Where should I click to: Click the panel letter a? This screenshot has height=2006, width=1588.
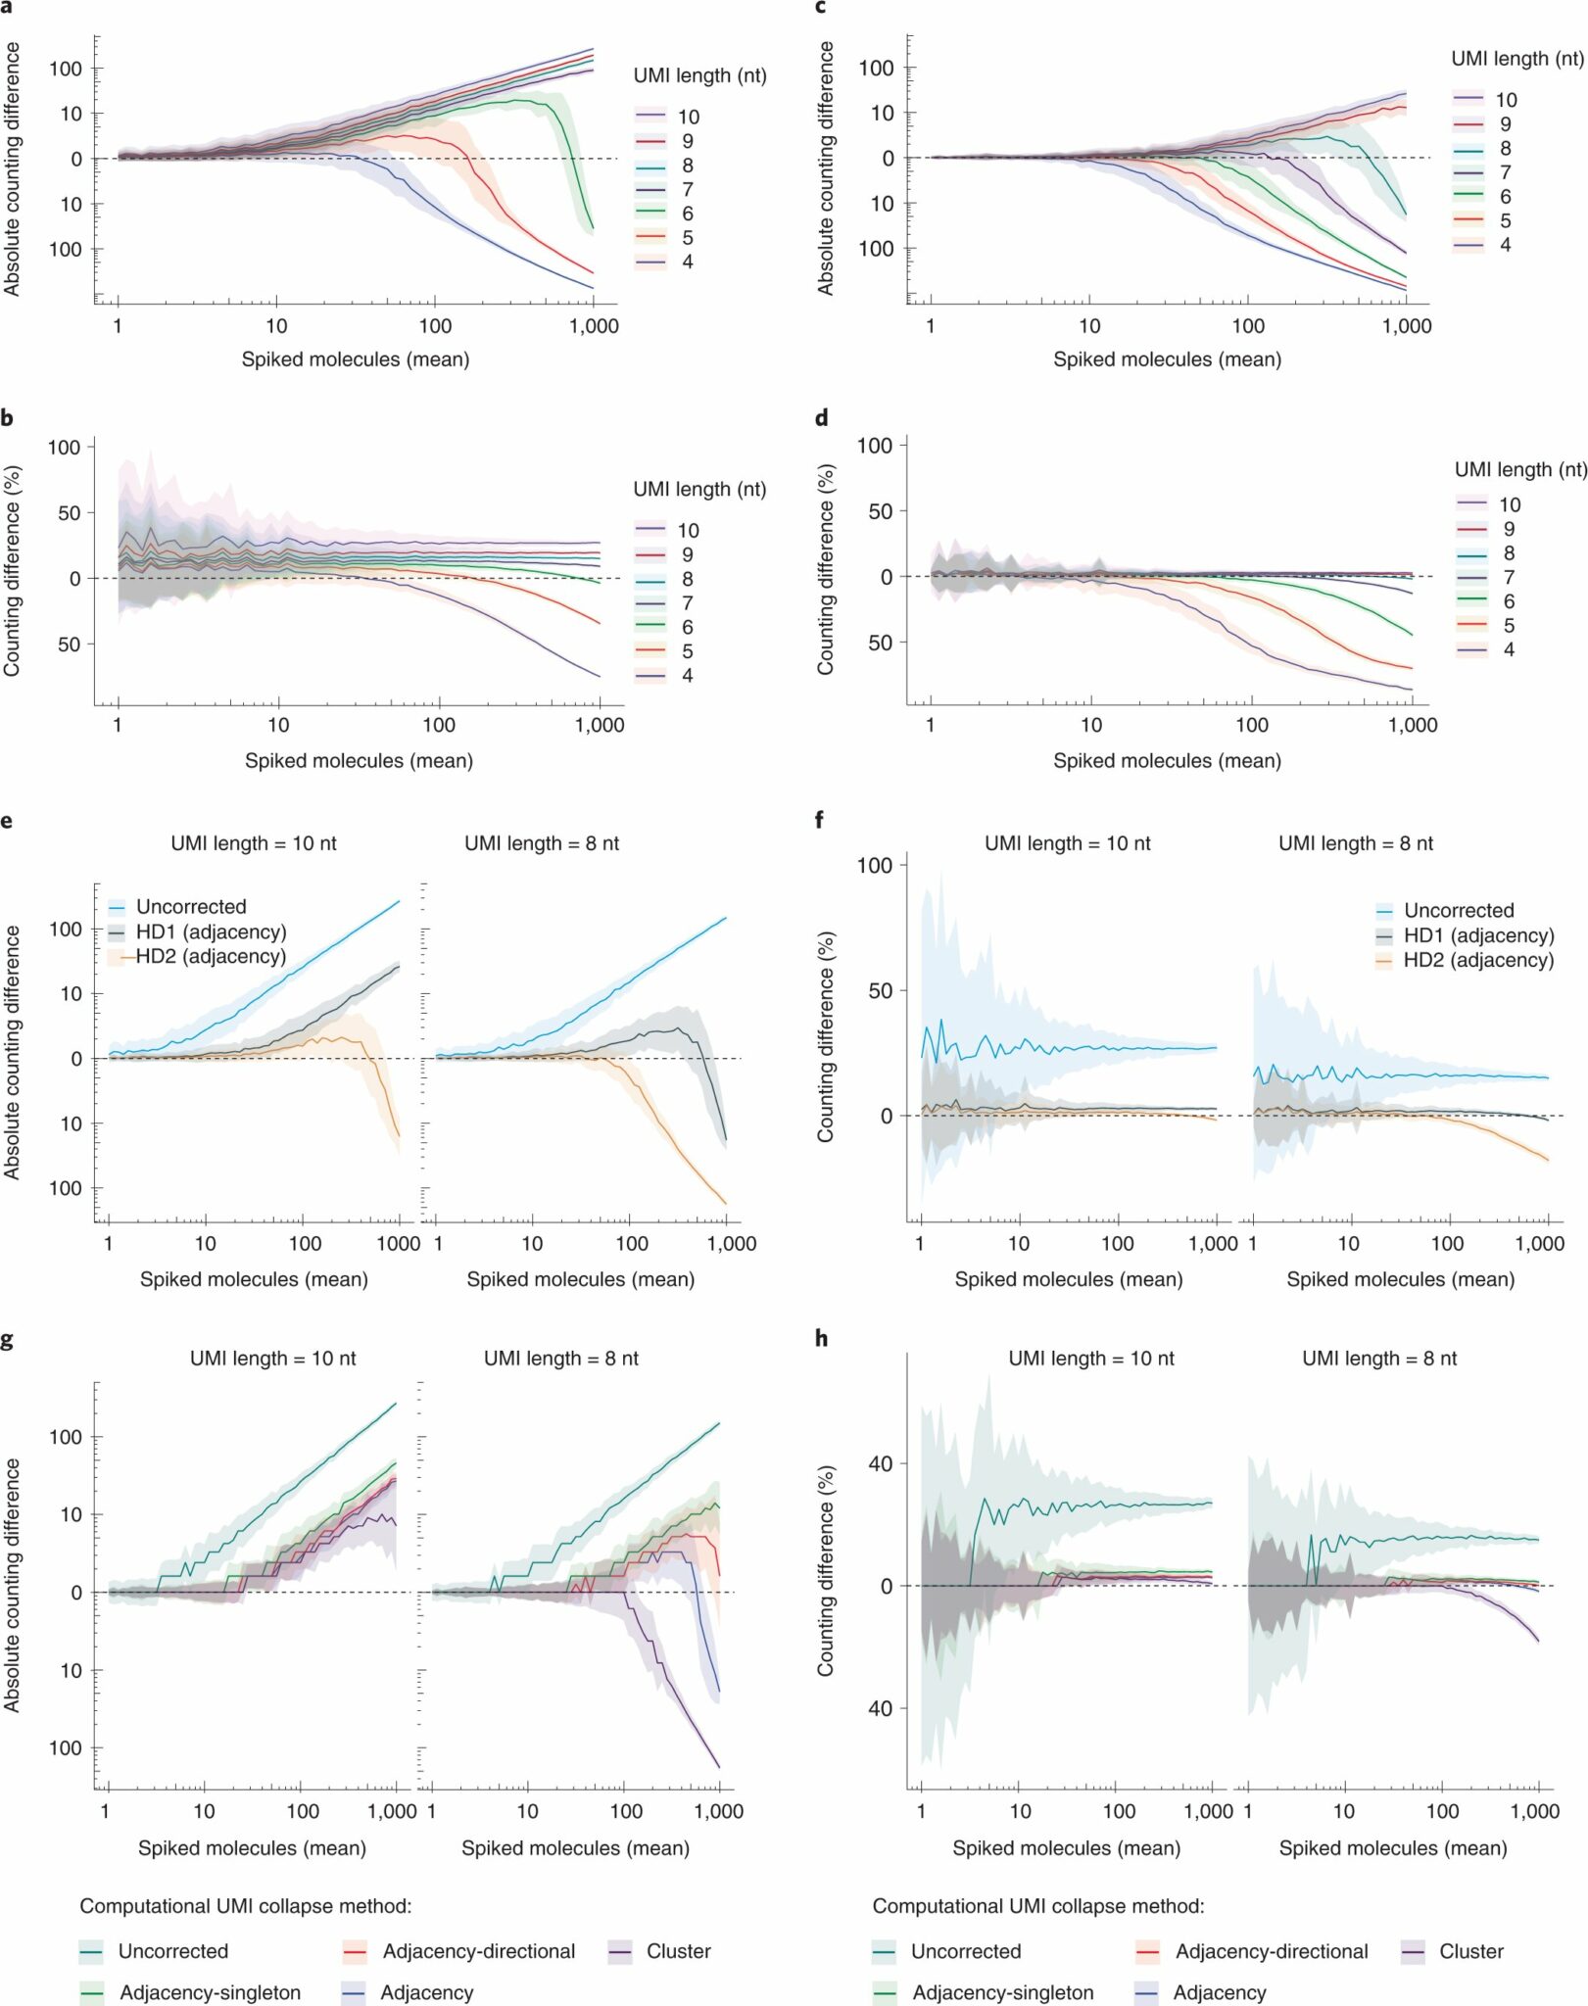pyautogui.click(x=7, y=6)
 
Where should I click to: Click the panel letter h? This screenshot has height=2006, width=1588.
pyautogui.click(x=821, y=1338)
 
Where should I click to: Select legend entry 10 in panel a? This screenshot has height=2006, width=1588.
pyautogui.click(x=688, y=117)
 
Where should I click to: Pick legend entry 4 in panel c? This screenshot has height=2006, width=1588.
pyautogui.click(x=1505, y=245)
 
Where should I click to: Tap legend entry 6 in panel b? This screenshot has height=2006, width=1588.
pyautogui.click(x=687, y=627)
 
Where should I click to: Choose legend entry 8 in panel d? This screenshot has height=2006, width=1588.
pyautogui.click(x=1509, y=553)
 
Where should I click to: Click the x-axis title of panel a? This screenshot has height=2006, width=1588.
pyautogui.click(x=356, y=359)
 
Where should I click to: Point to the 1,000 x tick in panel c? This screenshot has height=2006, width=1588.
pyautogui.click(x=1406, y=326)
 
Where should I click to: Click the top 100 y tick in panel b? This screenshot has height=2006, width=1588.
pyautogui.click(x=65, y=447)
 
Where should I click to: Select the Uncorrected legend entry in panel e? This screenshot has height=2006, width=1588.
pyautogui.click(x=190, y=907)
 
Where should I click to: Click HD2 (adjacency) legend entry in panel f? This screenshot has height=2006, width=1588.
pyautogui.click(x=1477, y=960)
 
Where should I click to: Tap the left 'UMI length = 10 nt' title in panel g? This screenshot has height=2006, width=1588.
pyautogui.click(x=272, y=1359)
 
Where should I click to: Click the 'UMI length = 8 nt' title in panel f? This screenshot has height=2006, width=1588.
pyautogui.click(x=1355, y=843)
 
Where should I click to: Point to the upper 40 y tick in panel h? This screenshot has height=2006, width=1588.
pyautogui.click(x=880, y=1464)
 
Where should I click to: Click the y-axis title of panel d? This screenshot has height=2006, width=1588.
pyautogui.click(x=826, y=570)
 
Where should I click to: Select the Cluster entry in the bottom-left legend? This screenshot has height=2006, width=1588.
pyautogui.click(x=678, y=1951)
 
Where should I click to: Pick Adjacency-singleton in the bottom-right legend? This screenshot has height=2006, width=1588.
pyautogui.click(x=1002, y=1992)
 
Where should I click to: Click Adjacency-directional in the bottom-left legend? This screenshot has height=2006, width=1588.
pyautogui.click(x=478, y=1951)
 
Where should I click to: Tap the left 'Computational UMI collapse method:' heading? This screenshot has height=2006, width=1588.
pyautogui.click(x=245, y=1906)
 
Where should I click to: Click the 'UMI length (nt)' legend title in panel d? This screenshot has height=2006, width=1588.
pyautogui.click(x=1519, y=469)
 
